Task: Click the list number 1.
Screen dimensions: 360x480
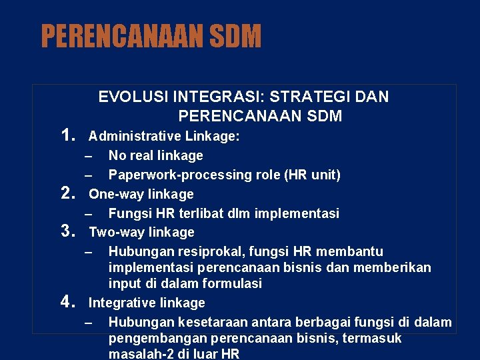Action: (x=67, y=136)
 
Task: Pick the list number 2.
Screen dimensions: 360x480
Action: (x=67, y=194)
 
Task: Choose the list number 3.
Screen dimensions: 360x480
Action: (x=67, y=232)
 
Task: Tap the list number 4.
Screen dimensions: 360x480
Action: (x=67, y=303)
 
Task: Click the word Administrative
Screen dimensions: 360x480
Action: (x=127, y=136)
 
